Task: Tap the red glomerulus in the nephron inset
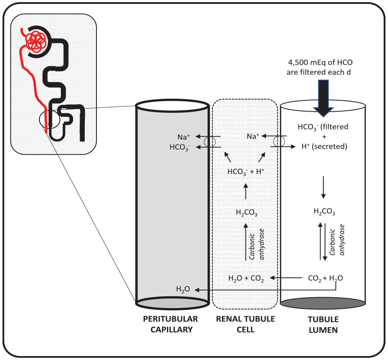(36, 41)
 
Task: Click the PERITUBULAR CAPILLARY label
(171, 324)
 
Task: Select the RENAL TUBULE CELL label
(245, 324)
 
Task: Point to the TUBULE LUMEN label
(323, 325)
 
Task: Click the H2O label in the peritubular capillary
(183, 289)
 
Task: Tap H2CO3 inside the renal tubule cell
(247, 213)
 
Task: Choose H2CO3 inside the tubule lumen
(324, 212)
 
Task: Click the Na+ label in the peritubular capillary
(183, 137)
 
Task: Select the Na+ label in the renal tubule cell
(253, 136)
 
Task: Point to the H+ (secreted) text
(324, 146)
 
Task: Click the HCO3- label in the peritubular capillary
(180, 147)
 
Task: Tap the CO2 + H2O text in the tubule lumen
(325, 278)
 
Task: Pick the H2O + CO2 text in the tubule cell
(246, 279)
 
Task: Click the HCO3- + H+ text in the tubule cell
(246, 172)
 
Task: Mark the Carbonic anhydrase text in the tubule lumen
(337, 240)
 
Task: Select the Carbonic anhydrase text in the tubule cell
(257, 244)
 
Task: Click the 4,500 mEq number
(298, 62)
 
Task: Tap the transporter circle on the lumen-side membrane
(279, 141)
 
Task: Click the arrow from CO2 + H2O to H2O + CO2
(286, 278)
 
